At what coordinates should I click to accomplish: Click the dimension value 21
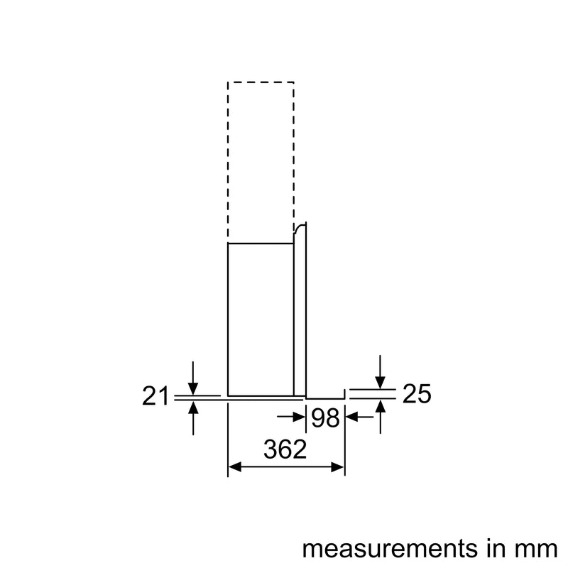click(x=155, y=396)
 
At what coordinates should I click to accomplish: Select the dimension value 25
click(x=417, y=393)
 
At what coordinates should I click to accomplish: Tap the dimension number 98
click(x=325, y=418)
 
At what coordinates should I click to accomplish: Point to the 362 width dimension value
click(x=285, y=449)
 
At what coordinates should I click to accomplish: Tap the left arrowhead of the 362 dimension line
click(x=234, y=466)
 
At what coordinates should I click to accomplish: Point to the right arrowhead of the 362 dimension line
click(x=339, y=466)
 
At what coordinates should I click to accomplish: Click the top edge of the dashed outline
click(x=261, y=82)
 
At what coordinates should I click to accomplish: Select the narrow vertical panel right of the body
click(x=300, y=312)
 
